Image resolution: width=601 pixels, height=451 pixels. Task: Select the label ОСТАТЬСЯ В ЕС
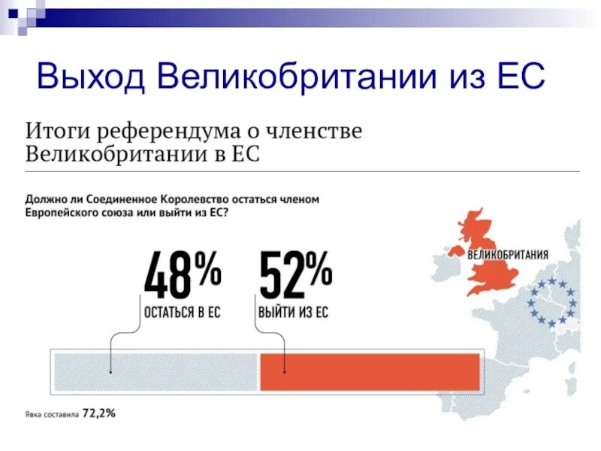[x=182, y=312]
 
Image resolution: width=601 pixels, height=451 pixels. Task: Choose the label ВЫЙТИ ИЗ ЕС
[x=293, y=312]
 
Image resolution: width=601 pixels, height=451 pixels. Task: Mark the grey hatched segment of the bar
[x=155, y=371]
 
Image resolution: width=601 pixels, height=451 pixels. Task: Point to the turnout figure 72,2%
[x=99, y=413]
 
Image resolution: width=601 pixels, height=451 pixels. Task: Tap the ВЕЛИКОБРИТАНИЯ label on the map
[x=508, y=253]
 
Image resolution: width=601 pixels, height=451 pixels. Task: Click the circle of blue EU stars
[x=551, y=301]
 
